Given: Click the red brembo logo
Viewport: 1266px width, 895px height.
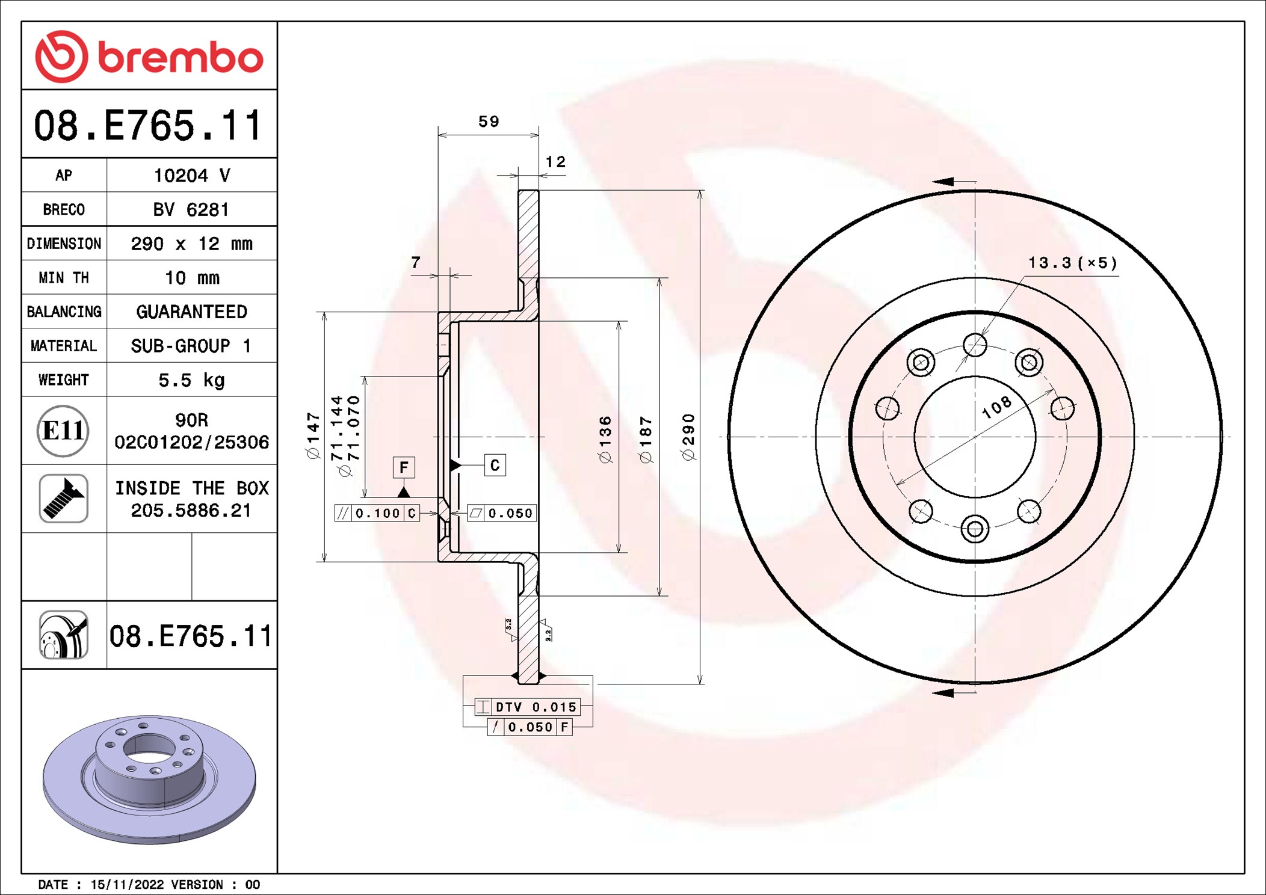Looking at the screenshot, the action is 149,57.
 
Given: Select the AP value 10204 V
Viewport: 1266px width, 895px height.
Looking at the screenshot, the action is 192,176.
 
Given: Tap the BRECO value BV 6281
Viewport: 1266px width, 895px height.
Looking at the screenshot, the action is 191,209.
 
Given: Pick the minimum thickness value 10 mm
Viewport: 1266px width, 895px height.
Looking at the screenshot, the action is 192,278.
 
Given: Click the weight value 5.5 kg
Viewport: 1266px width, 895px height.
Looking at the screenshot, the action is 191,380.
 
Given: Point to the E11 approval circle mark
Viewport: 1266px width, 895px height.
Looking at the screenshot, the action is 63,431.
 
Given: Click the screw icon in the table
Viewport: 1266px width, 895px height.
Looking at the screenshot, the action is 63,499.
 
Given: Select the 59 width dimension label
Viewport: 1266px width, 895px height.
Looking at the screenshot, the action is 489,121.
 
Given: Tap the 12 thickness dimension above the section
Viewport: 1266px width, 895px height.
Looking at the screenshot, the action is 555,162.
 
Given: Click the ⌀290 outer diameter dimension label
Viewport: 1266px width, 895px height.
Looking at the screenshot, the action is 688,437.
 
